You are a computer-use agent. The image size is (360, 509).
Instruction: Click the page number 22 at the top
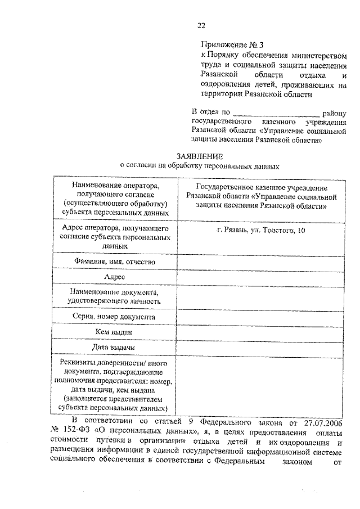coord(201,25)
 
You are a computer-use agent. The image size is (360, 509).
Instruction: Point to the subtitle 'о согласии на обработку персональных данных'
coord(200,166)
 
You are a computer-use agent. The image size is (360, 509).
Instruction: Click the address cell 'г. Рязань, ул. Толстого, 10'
coord(261,231)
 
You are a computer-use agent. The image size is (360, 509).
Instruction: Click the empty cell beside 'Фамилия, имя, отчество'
coord(261,262)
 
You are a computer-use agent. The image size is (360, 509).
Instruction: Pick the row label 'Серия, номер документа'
coord(114,317)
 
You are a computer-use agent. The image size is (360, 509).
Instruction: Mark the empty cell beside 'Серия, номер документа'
coord(261,317)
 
